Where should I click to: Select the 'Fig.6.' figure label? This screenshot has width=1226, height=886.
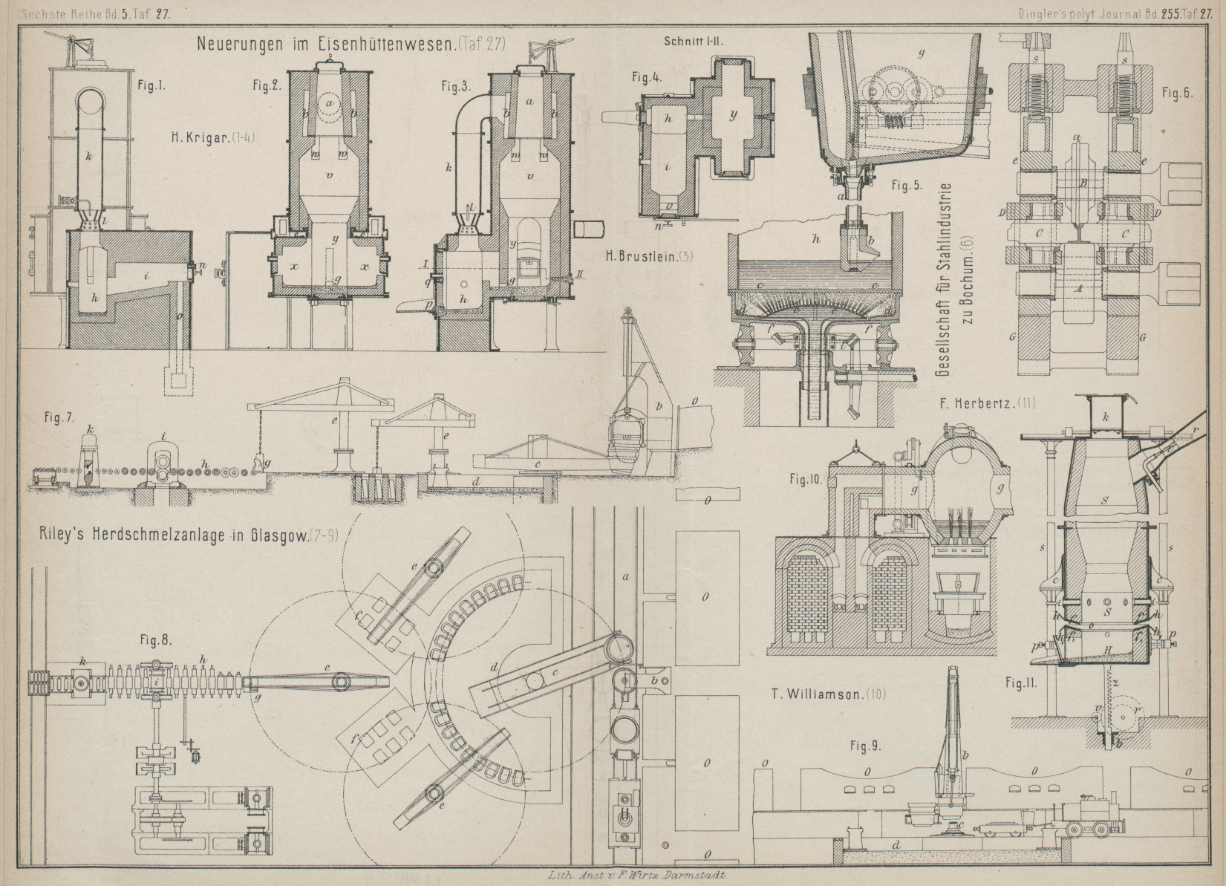click(x=1177, y=94)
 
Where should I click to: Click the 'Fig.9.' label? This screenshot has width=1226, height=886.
click(x=867, y=747)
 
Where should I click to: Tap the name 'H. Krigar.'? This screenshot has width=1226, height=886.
click(x=200, y=137)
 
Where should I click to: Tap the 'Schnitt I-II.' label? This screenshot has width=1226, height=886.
click(x=693, y=42)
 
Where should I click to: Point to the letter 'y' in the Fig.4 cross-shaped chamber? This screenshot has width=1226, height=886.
click(x=734, y=116)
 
